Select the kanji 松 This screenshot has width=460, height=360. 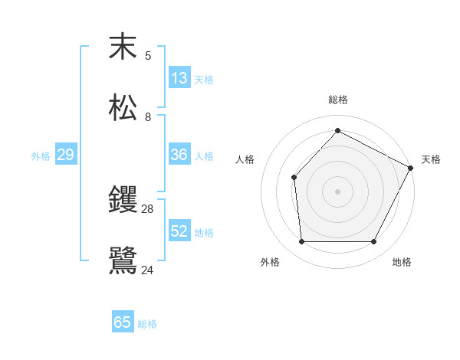click(x=123, y=107)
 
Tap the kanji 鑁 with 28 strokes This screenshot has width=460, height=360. click(x=123, y=200)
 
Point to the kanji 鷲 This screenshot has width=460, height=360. click(x=123, y=261)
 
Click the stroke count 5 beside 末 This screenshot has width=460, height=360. click(x=148, y=55)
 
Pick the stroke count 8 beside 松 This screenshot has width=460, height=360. click(x=148, y=117)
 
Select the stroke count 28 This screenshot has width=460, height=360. click(x=148, y=208)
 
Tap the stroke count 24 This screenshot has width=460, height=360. click(x=148, y=270)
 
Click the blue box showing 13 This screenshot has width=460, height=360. click(x=179, y=78)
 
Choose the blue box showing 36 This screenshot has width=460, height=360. click(x=179, y=155)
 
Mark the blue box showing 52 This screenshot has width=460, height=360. click(x=179, y=231)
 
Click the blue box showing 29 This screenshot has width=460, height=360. click(x=66, y=155)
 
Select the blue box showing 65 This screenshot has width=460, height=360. click(x=123, y=322)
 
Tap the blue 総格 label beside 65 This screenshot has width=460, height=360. click(x=148, y=324)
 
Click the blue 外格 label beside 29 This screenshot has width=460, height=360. click(x=41, y=156)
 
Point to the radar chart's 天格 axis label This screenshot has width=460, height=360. click(x=432, y=159)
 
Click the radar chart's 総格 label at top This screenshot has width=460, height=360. click(x=338, y=100)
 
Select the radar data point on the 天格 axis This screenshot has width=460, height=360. click(x=411, y=168)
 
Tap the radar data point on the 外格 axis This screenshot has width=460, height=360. click(x=301, y=242)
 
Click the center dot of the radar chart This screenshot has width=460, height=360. click(x=337, y=191)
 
